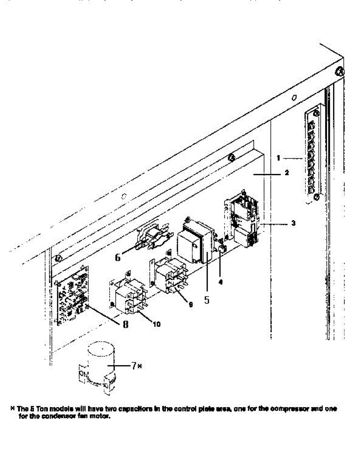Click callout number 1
278,158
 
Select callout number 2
287,174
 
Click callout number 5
207,300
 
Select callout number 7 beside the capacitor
133,366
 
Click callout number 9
190,305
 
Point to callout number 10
157,323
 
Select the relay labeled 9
170,274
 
